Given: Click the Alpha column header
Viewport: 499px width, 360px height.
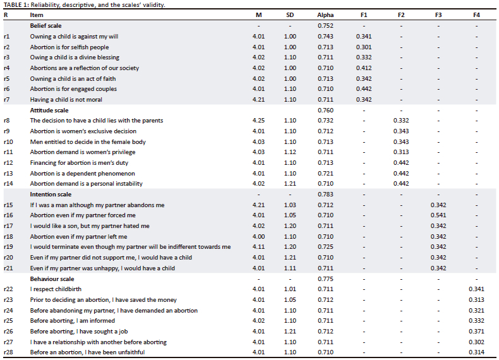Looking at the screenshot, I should tap(326, 15).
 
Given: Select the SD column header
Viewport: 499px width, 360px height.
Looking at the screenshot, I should tap(290, 15).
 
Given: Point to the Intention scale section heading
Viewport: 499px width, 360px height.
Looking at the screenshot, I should tap(51, 195).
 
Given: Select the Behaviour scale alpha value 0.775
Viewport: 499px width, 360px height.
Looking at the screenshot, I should tap(326, 279).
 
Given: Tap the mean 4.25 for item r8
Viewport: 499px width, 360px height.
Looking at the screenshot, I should tap(258, 121).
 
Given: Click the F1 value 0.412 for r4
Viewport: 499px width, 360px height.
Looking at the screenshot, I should tap(363, 68).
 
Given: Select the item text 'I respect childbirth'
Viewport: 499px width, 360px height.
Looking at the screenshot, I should tap(56, 289).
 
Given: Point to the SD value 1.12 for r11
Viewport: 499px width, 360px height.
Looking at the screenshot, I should tap(290, 152).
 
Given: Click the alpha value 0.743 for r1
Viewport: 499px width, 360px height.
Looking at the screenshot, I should tap(326, 37).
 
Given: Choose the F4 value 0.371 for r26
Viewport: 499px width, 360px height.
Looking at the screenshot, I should tap(476, 332).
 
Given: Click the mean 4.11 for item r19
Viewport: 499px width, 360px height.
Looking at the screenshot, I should tap(258, 247).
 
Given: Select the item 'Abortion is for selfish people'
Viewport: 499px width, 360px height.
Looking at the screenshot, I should tap(69, 47).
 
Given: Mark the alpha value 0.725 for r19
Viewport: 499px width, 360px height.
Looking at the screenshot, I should tap(326, 247).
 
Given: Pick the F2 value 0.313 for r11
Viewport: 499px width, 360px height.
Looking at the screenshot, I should tap(401, 152).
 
